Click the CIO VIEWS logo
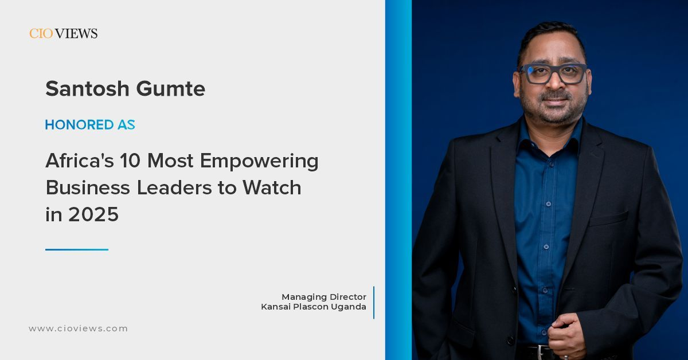tap(64, 33)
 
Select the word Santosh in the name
tap(87, 88)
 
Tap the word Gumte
tap(171, 88)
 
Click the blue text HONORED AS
tap(90, 125)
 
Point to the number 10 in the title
tap(130, 161)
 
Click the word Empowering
tap(259, 162)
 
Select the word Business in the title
tap(88, 187)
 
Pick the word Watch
tap(272, 187)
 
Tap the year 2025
tap(93, 214)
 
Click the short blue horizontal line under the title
tap(77, 250)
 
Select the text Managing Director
tap(324, 297)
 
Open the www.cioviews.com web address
tap(79, 328)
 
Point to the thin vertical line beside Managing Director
tap(374, 303)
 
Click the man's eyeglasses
tap(553, 73)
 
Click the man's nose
tap(554, 83)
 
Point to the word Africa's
tap(80, 161)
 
